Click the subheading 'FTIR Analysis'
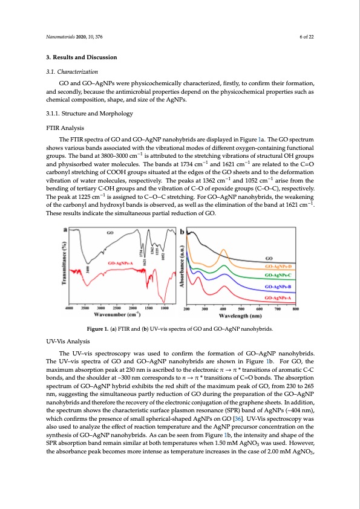coord(63,128)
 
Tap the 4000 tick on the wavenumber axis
coord(70,308)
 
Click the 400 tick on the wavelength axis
coord(223,308)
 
